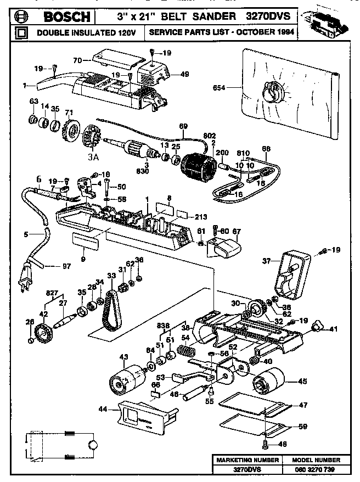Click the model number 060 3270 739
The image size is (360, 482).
pos(313,470)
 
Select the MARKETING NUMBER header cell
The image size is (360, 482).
pos(248,459)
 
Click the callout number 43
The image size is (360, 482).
pos(123,357)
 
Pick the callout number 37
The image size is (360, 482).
pos(267,261)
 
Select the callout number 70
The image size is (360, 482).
pos(77,60)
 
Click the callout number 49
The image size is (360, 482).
pos(184,74)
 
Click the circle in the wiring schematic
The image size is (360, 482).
pos(93,444)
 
